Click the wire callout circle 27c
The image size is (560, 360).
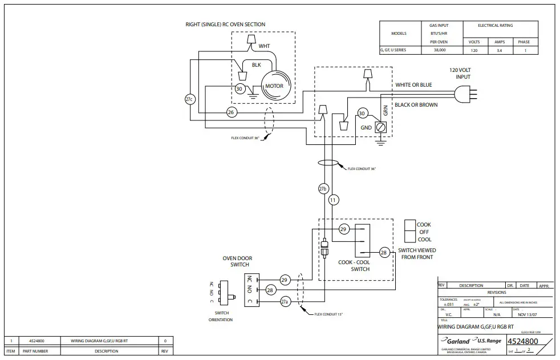190,99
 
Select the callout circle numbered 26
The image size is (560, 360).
231,112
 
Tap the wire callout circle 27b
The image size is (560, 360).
323,188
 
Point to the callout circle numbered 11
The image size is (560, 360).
334,200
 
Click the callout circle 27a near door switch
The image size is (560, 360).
285,301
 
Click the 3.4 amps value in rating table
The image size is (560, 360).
499,50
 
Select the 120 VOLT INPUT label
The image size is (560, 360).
460,73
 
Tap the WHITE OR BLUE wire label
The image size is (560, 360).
413,85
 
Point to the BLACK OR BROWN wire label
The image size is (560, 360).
416,105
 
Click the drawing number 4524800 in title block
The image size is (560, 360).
523,341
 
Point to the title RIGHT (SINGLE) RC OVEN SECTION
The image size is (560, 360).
225,25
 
